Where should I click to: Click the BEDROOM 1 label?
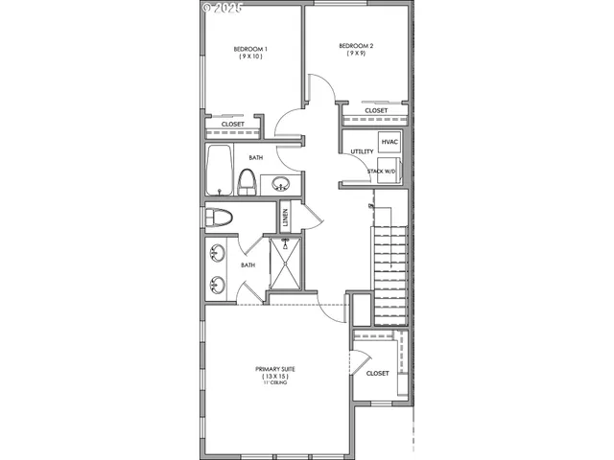250,49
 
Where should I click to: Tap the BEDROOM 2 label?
355,45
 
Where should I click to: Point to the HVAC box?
389,143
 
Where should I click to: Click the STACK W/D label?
381,172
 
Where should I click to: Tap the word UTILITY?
361,151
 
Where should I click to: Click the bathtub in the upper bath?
219,171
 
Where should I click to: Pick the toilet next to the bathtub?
247,181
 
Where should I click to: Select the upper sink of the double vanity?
217,254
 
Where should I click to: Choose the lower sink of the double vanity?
217,284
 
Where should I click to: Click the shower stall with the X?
285,263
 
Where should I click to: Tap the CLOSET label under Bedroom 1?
232,125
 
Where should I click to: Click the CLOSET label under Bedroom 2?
376,110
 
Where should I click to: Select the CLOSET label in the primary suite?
377,373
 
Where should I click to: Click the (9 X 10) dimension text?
250,57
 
